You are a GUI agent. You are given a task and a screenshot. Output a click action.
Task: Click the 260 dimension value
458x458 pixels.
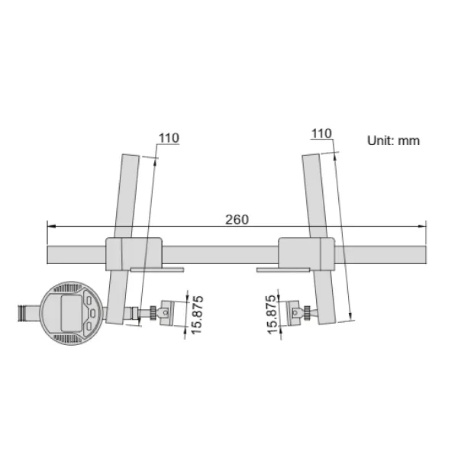point(237,219)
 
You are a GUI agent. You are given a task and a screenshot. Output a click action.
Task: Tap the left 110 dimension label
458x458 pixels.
point(168,138)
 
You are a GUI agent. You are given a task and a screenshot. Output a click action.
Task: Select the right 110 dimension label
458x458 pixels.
point(321,134)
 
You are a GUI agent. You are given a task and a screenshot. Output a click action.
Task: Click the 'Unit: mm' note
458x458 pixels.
point(393,141)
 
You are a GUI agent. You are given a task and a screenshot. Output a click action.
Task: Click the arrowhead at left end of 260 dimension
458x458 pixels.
point(50,226)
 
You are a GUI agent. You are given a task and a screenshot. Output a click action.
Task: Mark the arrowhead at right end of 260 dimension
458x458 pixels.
point(422,226)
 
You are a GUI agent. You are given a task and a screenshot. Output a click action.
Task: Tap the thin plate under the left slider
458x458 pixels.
point(156,269)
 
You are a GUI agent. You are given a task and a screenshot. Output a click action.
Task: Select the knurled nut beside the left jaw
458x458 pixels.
point(157,312)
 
